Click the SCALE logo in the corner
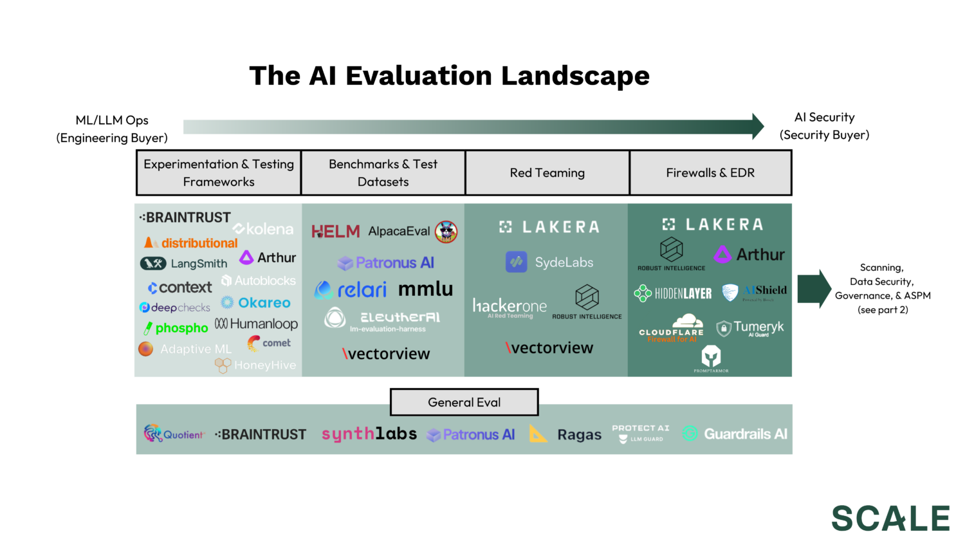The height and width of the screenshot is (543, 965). coord(890,519)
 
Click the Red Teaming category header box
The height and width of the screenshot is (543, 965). coord(547,173)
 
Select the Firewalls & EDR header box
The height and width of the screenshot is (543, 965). coord(710,173)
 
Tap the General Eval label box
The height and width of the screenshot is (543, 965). coord(464,402)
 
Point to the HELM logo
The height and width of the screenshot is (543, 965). coord(335,232)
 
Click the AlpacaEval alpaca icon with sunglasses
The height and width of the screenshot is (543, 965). coord(446,232)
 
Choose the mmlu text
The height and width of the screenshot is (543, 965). coord(425,290)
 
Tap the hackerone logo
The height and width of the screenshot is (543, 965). coord(510,307)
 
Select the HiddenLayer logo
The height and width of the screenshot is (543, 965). coord(673,293)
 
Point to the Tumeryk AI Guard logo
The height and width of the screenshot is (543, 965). coord(750,329)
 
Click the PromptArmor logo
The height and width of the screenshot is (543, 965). coord(711,358)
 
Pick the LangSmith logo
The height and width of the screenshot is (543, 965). coord(184,263)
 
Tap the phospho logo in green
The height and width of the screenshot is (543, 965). coord(176,328)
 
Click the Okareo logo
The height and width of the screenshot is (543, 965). coord(255,302)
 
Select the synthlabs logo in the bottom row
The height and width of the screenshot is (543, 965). coord(369,434)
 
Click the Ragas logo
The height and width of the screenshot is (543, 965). coord(565,435)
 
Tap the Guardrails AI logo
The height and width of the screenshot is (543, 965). coord(735,434)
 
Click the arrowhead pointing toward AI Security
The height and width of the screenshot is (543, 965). coord(757,127)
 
